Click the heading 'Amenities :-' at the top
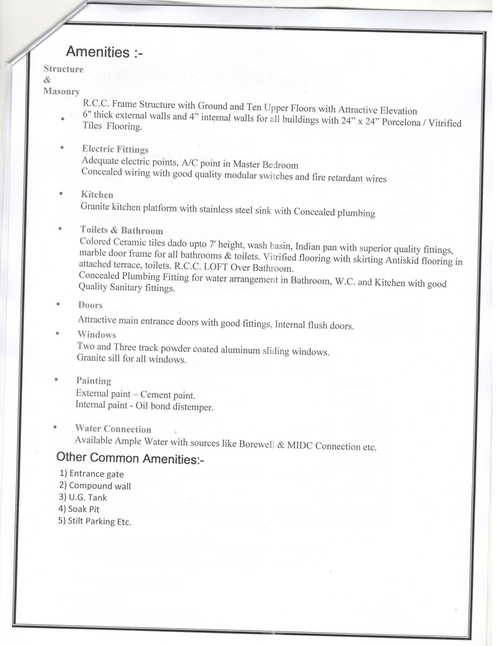[104, 52]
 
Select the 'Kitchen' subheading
[97, 195]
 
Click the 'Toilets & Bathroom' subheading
[121, 230]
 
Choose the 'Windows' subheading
[96, 335]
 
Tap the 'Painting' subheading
[93, 380]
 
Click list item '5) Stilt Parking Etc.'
[95, 521]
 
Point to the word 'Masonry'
[62, 91]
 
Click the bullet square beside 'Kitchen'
[61, 193]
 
